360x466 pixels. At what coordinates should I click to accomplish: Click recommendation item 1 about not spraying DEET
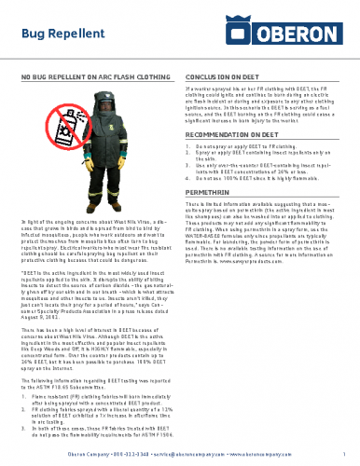pyautogui.click(x=252, y=147)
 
